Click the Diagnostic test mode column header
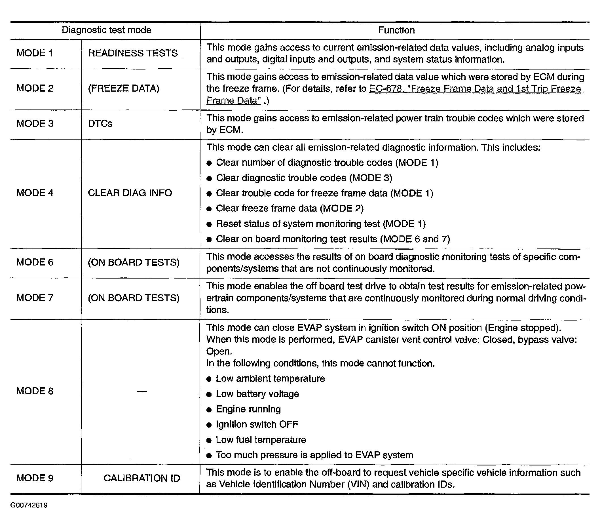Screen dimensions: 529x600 pyautogui.click(x=106, y=30)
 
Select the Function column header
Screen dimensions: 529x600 pyautogui.click(x=396, y=30)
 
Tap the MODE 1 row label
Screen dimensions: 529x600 pyautogui.click(x=35, y=53)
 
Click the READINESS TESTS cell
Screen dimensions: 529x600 pyautogui.click(x=133, y=53)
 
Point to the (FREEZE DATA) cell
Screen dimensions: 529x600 pyautogui.click(x=123, y=88)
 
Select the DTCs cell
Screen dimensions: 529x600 pyautogui.click(x=100, y=124)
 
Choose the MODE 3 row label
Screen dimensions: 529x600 pyautogui.click(x=35, y=124)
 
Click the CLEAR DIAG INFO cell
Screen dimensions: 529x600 pyautogui.click(x=130, y=193)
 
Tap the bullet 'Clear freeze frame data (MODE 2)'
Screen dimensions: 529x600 pyautogui.click(x=290, y=208)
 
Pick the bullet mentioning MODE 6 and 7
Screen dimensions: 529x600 pyautogui.click(x=333, y=239)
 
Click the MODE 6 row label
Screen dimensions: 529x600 pyautogui.click(x=35, y=262)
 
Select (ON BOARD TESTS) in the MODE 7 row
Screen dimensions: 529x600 pyautogui.click(x=134, y=298)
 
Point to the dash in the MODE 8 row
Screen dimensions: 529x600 pyautogui.click(x=142, y=391)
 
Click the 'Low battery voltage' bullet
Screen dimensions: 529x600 pyautogui.click(x=257, y=394)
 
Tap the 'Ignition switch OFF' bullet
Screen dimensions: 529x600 pyautogui.click(x=257, y=425)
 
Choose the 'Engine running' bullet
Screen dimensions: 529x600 pyautogui.click(x=248, y=409)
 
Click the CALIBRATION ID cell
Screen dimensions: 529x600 pyautogui.click(x=142, y=478)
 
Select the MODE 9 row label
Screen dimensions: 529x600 pyautogui.click(x=35, y=478)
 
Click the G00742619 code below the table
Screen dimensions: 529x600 pyautogui.click(x=29, y=505)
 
